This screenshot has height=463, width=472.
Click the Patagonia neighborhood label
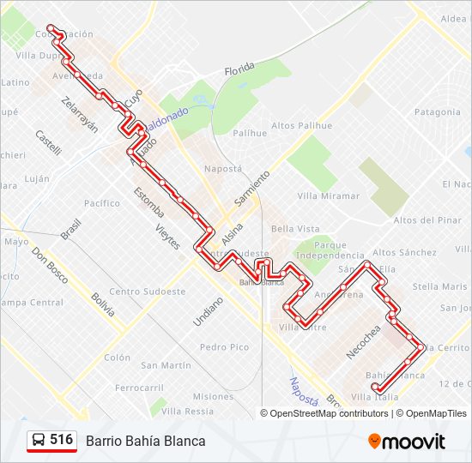(x=437, y=112)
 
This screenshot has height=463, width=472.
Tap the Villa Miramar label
(x=328, y=196)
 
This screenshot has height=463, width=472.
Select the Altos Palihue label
(x=301, y=126)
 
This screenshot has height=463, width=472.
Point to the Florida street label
(x=240, y=69)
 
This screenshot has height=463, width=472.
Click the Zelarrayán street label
(x=80, y=114)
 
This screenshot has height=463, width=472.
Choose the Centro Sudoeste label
(x=148, y=292)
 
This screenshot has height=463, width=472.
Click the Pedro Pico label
(x=224, y=347)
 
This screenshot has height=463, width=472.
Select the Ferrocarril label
(x=138, y=388)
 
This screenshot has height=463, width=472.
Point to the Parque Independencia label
(x=330, y=250)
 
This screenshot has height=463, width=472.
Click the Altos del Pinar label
(x=427, y=220)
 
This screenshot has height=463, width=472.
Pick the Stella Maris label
(x=439, y=286)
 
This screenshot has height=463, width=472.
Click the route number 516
(x=61, y=440)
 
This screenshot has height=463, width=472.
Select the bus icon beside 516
(x=39, y=441)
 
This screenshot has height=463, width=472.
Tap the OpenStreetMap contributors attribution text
(x=324, y=413)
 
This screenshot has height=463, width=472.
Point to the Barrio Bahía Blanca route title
(x=145, y=441)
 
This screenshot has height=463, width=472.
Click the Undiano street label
(x=208, y=310)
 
